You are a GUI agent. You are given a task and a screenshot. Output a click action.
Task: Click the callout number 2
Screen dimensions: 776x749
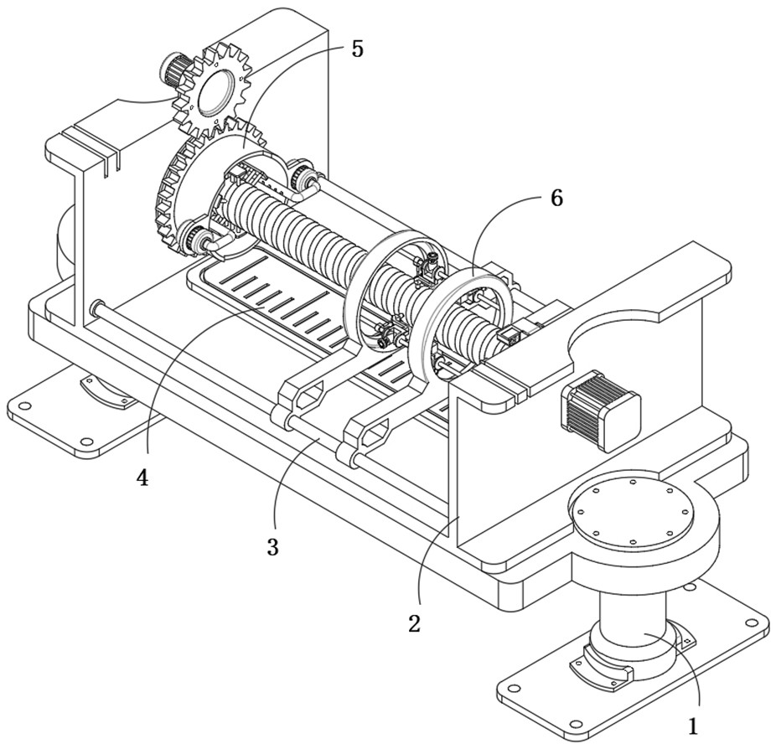coord(415,622)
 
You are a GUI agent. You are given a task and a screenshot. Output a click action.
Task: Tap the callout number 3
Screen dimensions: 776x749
coord(272,546)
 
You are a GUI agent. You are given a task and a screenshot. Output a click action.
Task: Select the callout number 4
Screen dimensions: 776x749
coord(143,478)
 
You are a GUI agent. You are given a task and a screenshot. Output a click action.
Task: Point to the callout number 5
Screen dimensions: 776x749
coord(357,49)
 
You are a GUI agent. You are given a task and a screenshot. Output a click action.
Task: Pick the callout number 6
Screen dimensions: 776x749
coord(556,199)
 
